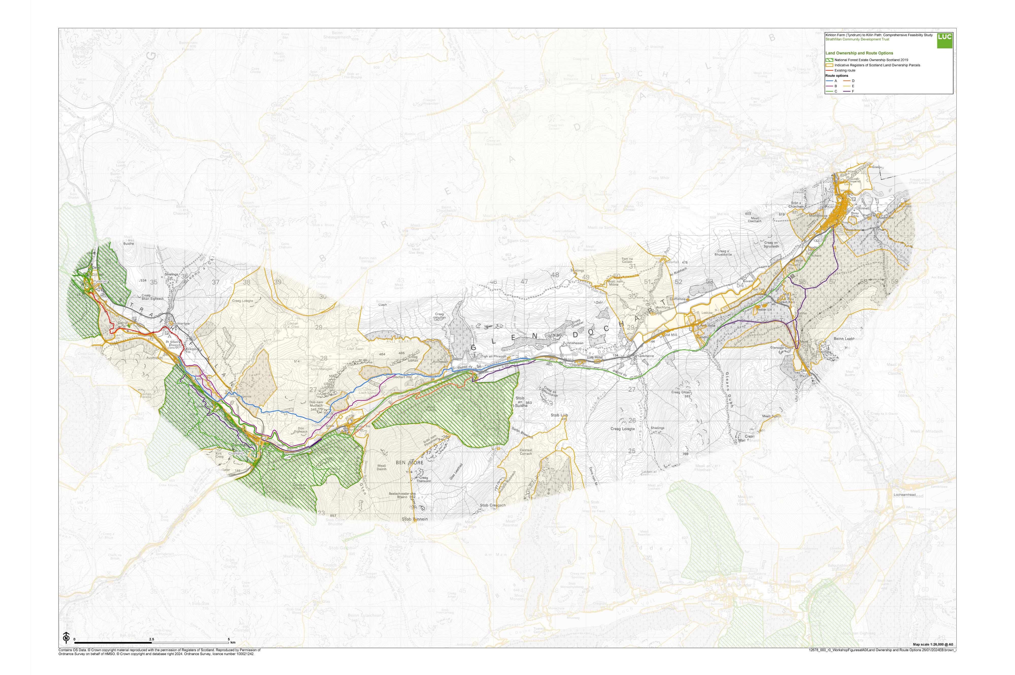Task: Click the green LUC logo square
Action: [x=944, y=40]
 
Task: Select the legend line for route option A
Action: [x=829, y=81]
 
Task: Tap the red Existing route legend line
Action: [x=829, y=70]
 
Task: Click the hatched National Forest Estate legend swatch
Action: [x=829, y=60]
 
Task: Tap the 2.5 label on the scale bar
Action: [x=151, y=639]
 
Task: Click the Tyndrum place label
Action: [x=100, y=281]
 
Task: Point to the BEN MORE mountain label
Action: [x=409, y=462]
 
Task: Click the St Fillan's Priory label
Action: [x=173, y=343]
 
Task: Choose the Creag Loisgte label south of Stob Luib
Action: [x=622, y=429]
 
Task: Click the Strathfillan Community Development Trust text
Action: [x=857, y=39]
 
